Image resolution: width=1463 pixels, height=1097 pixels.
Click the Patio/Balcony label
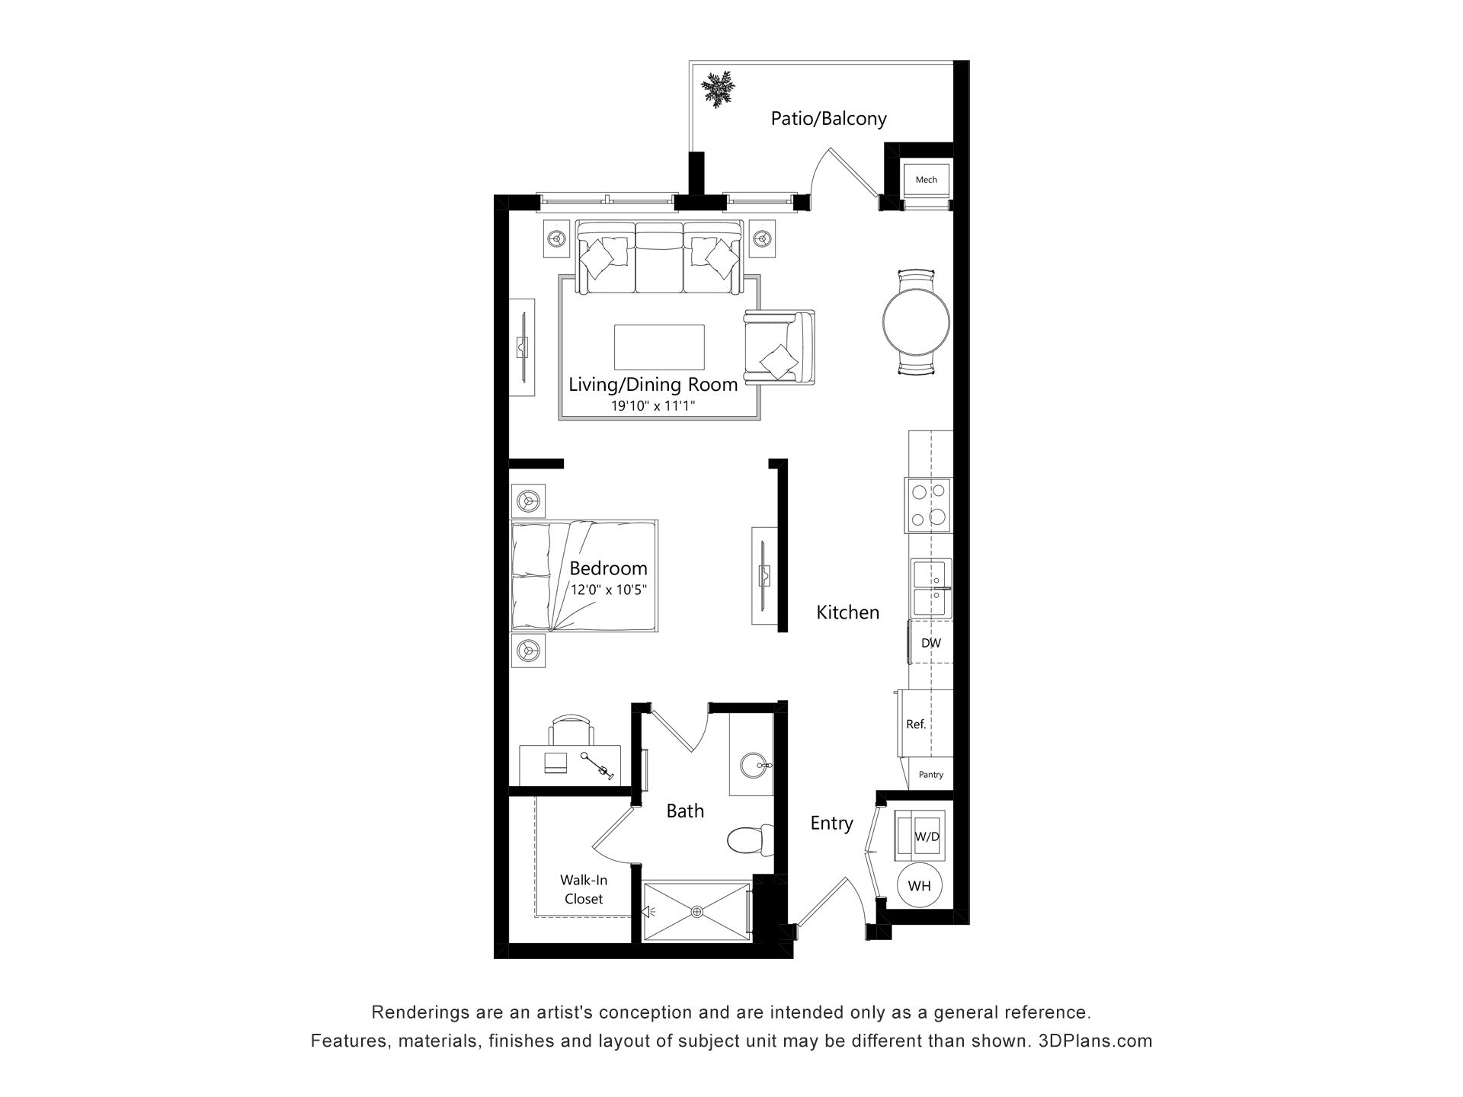click(828, 119)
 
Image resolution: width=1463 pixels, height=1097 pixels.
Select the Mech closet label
click(926, 180)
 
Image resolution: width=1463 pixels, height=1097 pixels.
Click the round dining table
click(916, 322)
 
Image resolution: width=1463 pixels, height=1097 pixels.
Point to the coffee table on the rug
click(659, 347)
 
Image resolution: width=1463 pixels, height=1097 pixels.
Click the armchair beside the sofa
click(779, 347)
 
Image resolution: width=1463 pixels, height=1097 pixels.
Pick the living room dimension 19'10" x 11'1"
click(653, 406)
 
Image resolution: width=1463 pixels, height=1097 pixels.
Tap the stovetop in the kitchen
click(928, 505)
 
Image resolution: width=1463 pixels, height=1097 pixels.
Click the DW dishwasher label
click(930, 643)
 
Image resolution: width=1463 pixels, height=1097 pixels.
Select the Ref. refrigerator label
click(916, 724)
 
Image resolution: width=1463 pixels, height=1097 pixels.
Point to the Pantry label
click(930, 775)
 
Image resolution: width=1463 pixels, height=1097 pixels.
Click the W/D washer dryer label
click(927, 836)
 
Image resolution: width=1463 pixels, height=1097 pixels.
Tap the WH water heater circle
click(920, 886)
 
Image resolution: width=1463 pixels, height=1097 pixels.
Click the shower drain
click(696, 911)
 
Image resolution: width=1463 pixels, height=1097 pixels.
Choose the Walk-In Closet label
click(584, 890)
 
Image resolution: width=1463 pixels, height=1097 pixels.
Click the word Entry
click(831, 824)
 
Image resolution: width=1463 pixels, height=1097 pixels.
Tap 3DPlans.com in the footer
click(1095, 1041)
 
